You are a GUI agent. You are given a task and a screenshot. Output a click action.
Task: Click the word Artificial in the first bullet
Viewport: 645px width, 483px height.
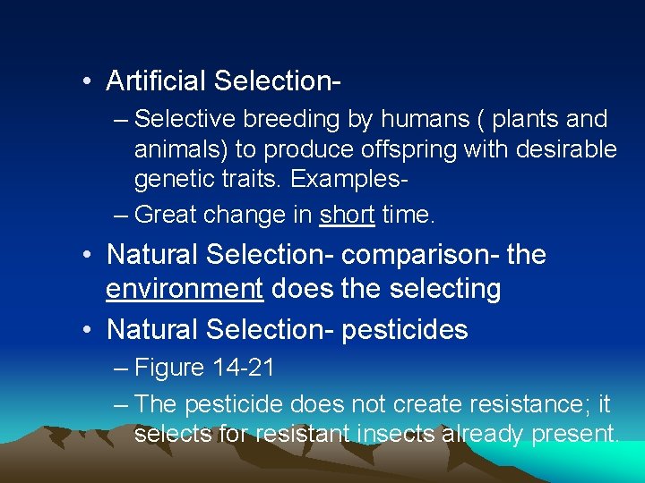click(x=155, y=80)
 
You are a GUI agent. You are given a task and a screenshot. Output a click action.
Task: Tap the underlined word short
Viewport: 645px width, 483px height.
click(x=347, y=216)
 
